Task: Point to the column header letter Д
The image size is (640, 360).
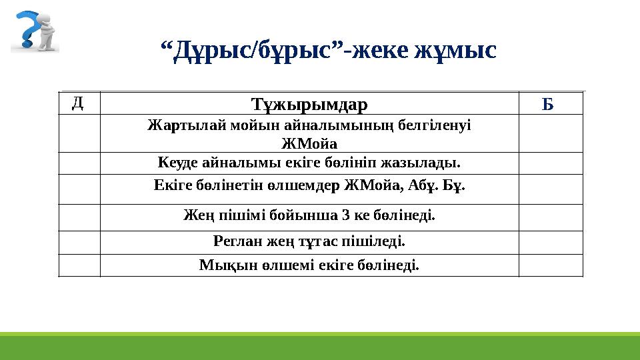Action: pyautogui.click(x=78, y=102)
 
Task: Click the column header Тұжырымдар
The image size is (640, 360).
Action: pyautogui.click(x=309, y=104)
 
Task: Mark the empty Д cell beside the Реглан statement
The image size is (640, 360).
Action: pyautogui.click(x=79, y=242)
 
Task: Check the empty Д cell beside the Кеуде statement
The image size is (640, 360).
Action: pyautogui.click(x=79, y=163)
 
